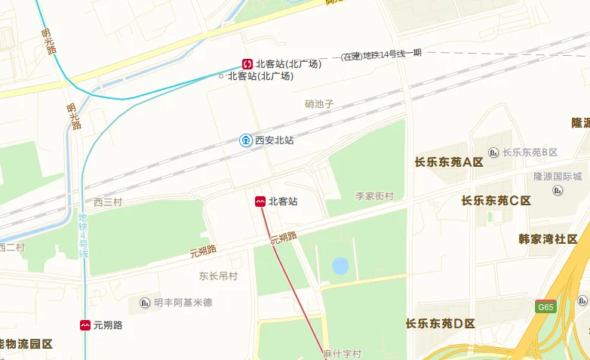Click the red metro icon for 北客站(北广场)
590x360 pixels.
247,64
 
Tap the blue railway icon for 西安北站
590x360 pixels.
246,140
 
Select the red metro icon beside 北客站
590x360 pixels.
260,202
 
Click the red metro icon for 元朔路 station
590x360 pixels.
85,325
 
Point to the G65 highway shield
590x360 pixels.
545,307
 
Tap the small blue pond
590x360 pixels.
340,266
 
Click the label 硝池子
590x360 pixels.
319,104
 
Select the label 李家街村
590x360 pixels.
375,196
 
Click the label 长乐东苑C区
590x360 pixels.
496,201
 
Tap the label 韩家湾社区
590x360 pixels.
547,239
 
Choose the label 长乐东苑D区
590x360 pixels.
440,324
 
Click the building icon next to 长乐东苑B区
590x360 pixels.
493,152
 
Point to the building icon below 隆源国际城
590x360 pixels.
558,190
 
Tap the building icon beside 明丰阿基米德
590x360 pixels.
145,303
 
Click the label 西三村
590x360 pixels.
107,202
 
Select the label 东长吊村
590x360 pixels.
218,276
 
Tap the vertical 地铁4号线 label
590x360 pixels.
84,235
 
